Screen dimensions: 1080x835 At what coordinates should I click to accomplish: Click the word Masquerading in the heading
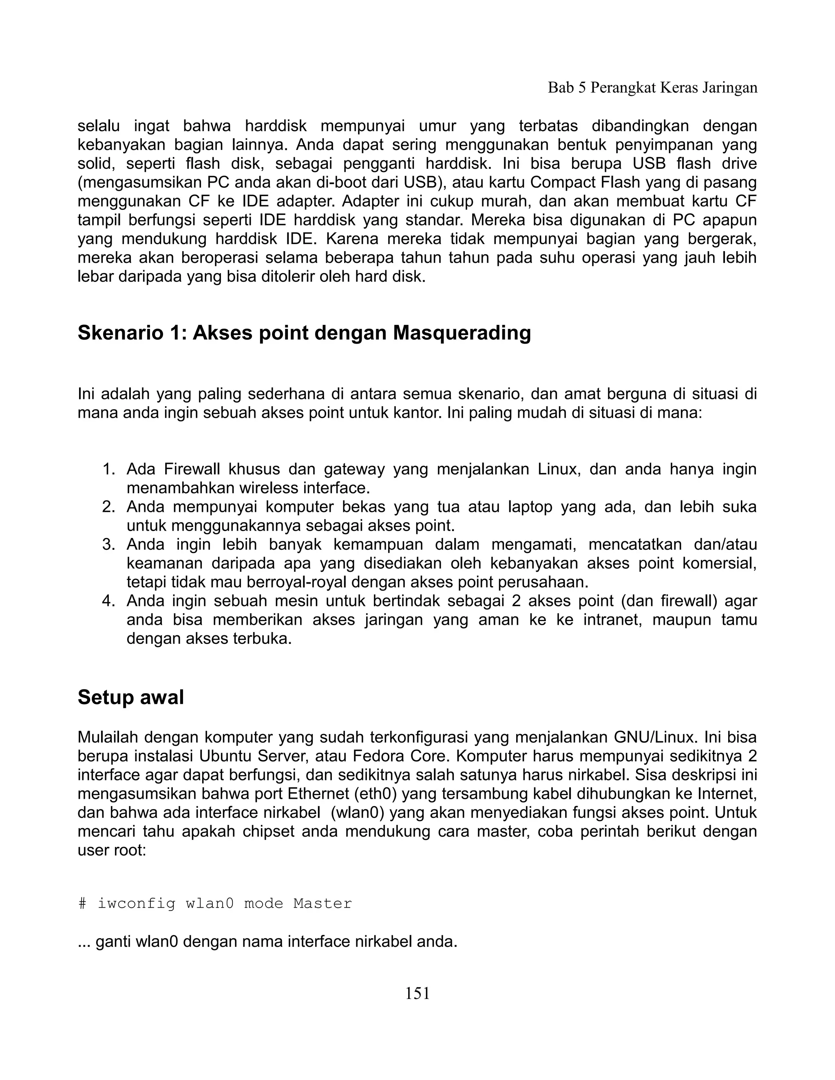click(462, 333)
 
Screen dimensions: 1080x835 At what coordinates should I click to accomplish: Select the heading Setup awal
click(130, 697)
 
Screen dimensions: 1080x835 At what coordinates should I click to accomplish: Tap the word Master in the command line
click(322, 904)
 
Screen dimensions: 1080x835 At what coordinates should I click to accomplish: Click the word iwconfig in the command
click(137, 904)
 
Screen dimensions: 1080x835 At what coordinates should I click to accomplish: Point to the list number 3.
click(108, 544)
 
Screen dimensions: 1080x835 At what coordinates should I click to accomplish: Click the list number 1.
click(108, 469)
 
